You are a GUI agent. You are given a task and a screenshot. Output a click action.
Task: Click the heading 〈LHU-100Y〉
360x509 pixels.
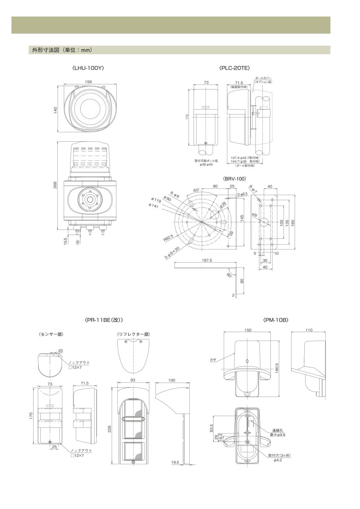coord(88,67)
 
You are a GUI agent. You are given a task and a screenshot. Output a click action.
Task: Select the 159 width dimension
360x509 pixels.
coord(88,82)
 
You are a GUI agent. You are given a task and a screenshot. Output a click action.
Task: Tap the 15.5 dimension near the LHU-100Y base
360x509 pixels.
coord(65,241)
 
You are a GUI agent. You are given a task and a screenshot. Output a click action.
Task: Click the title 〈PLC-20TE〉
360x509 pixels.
coord(235,67)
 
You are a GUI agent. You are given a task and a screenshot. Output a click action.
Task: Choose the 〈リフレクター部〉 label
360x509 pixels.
coord(133,335)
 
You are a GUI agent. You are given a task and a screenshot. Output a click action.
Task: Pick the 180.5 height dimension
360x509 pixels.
coord(277,366)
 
